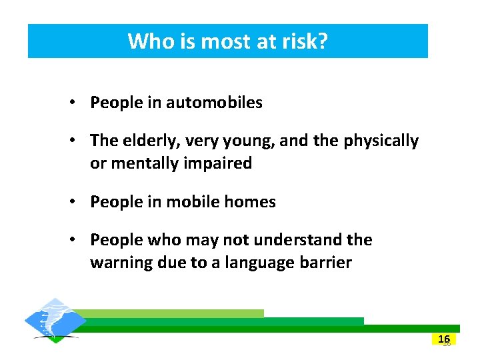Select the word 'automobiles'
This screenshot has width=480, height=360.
(214, 103)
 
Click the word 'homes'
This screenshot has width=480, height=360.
(251, 202)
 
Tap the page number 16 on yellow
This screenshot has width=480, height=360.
(444, 339)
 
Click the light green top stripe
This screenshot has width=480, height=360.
(173, 313)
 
